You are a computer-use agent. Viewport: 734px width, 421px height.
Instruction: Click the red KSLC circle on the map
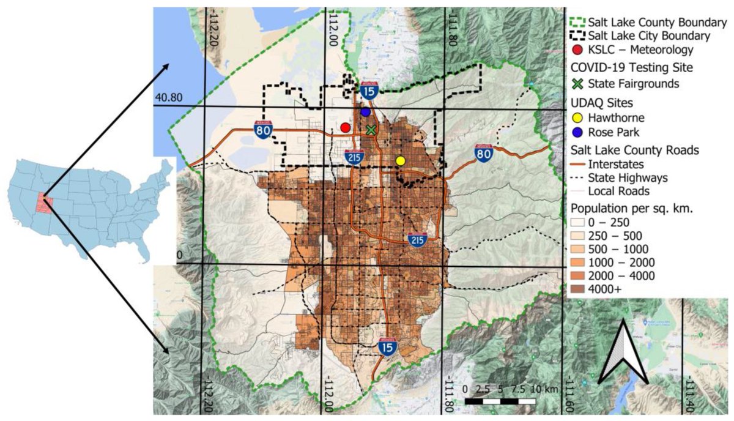coord(345,127)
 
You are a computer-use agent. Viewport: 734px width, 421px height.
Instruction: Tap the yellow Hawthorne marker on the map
coord(401,160)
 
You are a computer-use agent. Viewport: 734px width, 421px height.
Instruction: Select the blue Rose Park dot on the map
coord(365,112)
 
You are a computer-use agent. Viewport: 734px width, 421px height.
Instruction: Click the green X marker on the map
coord(371,130)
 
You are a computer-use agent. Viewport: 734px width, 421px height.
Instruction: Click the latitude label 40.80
coord(167,97)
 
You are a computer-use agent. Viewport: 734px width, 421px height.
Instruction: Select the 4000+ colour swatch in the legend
coord(577,289)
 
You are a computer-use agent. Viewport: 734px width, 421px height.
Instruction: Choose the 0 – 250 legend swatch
coord(577,222)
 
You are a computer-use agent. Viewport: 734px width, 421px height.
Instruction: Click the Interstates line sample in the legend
coord(577,164)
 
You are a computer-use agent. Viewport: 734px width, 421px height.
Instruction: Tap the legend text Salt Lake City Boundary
coord(650,36)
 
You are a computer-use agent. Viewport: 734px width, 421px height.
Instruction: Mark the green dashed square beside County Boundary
coord(577,22)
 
